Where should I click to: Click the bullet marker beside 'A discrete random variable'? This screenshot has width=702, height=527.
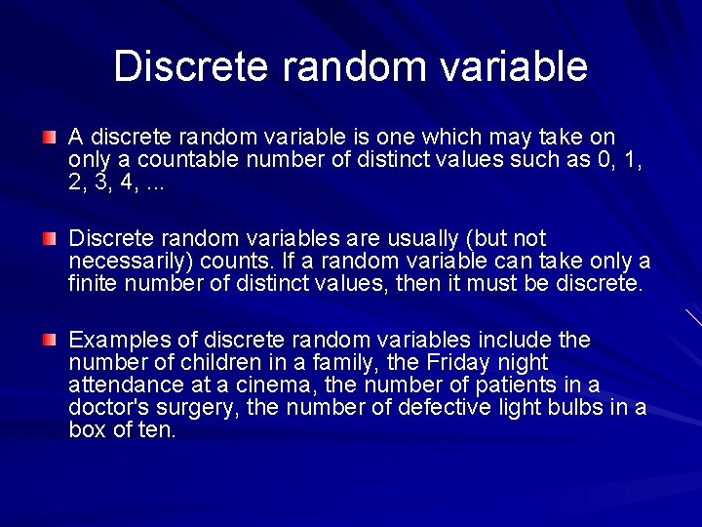tap(49, 137)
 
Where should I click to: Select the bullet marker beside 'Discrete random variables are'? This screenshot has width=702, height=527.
tap(49, 238)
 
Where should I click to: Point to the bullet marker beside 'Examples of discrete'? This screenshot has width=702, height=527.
tap(49, 340)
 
